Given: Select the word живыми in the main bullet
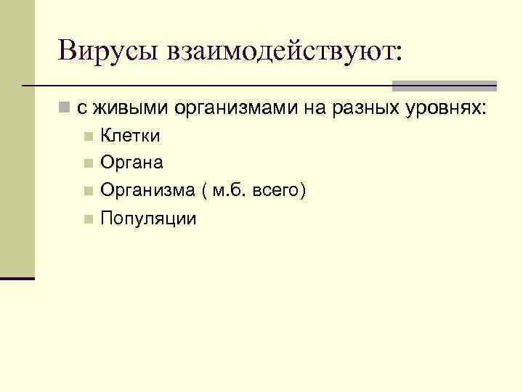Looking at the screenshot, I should tap(128, 108).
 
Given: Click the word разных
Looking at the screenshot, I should tap(363, 108).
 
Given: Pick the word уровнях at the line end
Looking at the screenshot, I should tap(445, 108).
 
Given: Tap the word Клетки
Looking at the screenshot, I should tap(130, 136).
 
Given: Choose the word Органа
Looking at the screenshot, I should tap(131, 163).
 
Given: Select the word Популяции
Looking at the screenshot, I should tap(148, 219).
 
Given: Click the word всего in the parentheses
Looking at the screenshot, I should tap(280, 191).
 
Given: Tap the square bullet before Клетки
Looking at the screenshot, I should tap(88, 136).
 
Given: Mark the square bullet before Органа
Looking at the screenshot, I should tap(88, 163).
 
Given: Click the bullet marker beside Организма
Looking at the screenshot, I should tap(88, 191).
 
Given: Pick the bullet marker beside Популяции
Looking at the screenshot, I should tap(88, 219).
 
